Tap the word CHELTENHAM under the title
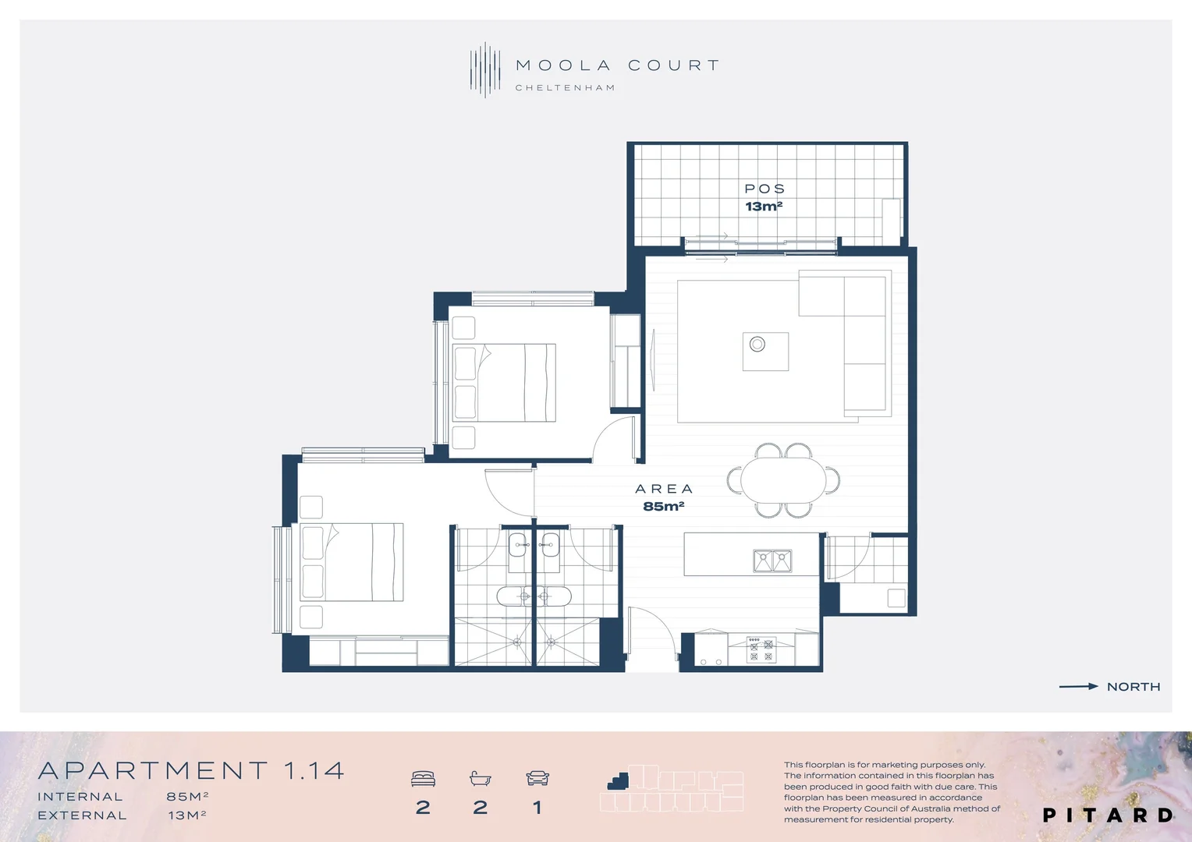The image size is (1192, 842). [x=565, y=88]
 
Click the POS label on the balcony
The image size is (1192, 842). [x=765, y=189]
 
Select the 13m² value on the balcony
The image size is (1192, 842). [x=764, y=207]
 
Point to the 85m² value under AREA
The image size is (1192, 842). [x=663, y=507]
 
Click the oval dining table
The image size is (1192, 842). [x=783, y=479]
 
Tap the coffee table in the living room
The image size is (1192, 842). [x=765, y=351]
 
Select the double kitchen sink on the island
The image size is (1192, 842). [x=772, y=561]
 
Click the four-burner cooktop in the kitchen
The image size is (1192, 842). [x=761, y=649]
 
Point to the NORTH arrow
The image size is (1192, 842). [x=1078, y=687]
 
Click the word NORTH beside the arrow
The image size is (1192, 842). [x=1133, y=687]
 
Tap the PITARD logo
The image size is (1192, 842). [x=1108, y=815]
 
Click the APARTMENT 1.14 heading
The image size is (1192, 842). [x=191, y=771]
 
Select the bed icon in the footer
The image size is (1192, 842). [x=423, y=778]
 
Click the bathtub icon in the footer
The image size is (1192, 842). [x=480, y=778]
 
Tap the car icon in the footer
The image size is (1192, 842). [x=537, y=778]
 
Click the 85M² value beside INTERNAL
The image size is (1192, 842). [x=187, y=797]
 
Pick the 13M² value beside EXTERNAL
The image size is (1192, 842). [x=187, y=815]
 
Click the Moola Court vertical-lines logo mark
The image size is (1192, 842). [x=485, y=70]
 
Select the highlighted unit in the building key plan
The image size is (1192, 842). [x=619, y=780]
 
